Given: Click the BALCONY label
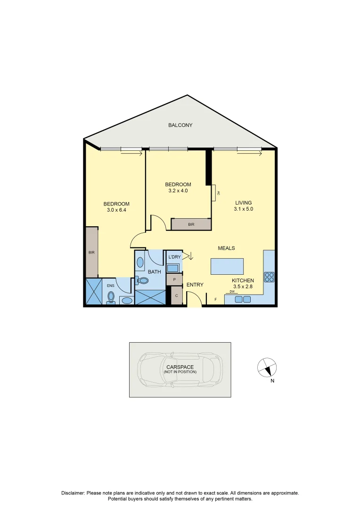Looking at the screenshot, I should pos(180,125).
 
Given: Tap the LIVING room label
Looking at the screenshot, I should pos(244,203).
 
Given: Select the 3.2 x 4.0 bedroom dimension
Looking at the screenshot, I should pos(178,191).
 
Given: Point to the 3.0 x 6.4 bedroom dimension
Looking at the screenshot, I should pos(116,210).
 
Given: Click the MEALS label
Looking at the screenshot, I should pos(226,248).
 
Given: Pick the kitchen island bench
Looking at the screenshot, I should pos(227,266).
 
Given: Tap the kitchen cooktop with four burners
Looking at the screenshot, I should pos(269,277).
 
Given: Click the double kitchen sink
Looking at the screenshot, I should pos(243,299).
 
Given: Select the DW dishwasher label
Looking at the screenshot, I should pos(232,292).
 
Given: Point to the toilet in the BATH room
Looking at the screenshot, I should pos(142,280).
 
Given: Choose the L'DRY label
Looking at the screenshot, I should pos(174,257).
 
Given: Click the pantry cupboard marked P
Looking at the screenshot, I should pos(174,279).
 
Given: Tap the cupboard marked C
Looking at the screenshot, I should pos(176,296).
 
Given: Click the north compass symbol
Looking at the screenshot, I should pos(267,368).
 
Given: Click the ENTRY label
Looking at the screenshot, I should pos(195,285).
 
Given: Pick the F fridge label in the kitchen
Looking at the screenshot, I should pos(216,299).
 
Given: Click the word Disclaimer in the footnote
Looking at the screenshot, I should pos(73,493).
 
